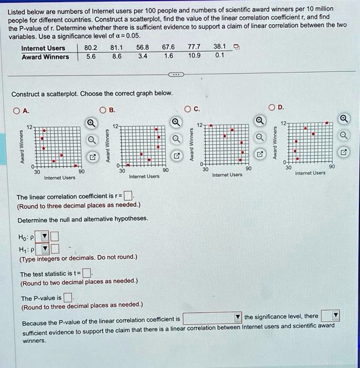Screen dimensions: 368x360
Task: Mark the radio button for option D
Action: (x=272, y=108)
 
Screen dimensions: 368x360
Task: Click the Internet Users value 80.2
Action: (x=91, y=48)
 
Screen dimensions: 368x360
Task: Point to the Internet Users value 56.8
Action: (x=142, y=48)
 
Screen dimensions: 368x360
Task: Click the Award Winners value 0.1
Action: (x=219, y=55)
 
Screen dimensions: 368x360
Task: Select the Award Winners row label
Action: (x=45, y=57)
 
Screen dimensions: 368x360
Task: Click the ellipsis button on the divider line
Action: (x=176, y=75)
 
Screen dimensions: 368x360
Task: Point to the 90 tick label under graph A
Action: (x=81, y=171)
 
